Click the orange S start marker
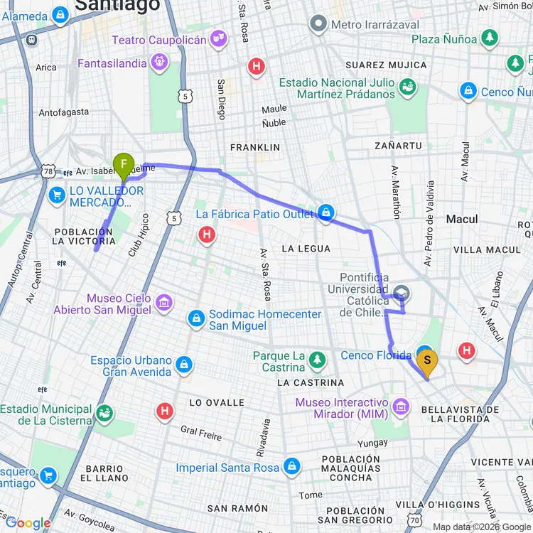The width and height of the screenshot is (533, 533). (427, 361)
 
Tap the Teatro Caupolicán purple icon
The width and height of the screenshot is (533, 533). (219, 40)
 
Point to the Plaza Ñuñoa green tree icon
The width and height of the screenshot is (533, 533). (489, 39)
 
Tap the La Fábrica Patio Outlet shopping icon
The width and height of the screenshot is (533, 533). (326, 213)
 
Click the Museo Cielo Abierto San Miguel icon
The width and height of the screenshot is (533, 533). (164, 303)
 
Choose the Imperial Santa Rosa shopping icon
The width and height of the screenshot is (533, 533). (291, 467)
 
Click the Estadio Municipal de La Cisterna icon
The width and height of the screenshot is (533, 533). (104, 414)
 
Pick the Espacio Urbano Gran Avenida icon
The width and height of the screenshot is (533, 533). (184, 365)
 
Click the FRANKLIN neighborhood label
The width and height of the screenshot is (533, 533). (255, 147)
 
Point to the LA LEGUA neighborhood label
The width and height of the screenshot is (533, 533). (306, 249)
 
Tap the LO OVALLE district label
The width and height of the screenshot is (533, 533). (217, 403)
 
